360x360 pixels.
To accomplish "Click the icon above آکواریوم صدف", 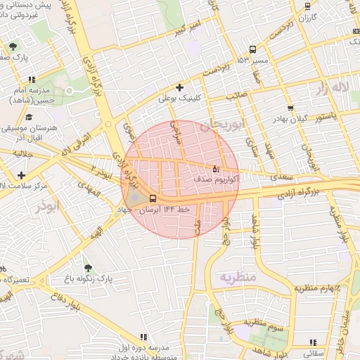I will pyautogui.click(x=216, y=169).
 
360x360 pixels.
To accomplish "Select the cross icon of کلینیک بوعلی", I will pyautogui.click(x=180, y=88).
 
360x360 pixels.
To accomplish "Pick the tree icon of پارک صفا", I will pyautogui.click(x=13, y=47).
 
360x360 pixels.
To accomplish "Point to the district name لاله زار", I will pyautogui.click(x=331, y=88).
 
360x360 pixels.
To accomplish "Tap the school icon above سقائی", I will pyautogui.click(x=312, y=345).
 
